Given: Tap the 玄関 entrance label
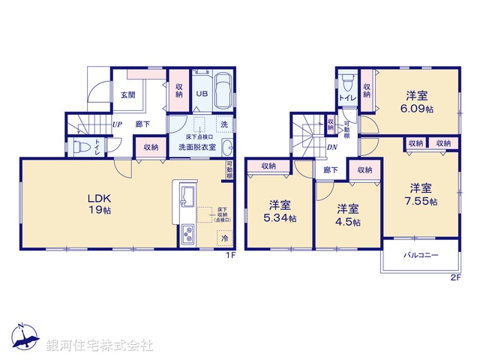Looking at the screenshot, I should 127,95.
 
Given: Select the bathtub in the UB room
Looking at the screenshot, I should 223,91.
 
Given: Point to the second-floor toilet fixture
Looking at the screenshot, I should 346,82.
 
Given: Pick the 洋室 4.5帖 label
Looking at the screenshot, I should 348,215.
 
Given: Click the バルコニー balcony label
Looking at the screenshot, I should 421,255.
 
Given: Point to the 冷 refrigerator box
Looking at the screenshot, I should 223,238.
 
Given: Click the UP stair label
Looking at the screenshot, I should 117,124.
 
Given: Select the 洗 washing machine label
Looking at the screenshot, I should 223,124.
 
